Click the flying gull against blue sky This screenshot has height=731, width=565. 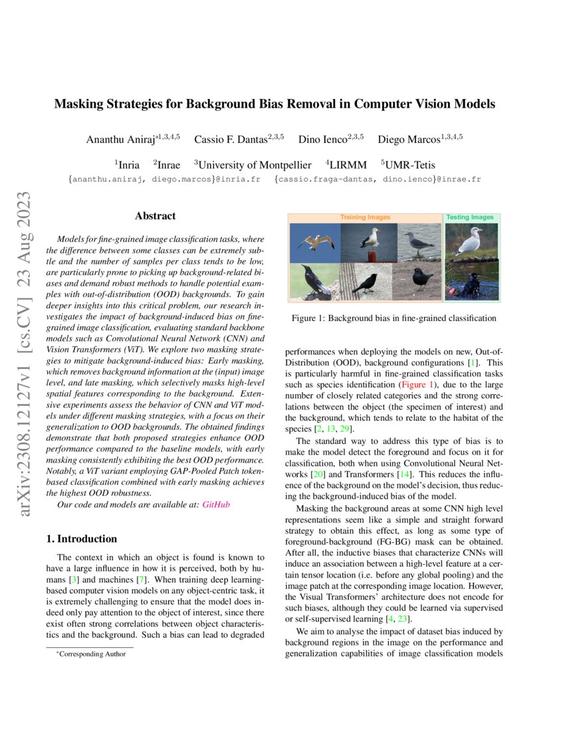(315, 242)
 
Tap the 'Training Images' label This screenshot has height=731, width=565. (365, 217)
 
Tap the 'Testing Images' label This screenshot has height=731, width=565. (470, 217)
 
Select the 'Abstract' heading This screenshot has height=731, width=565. (155, 216)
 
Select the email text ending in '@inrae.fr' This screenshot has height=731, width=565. (377, 179)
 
